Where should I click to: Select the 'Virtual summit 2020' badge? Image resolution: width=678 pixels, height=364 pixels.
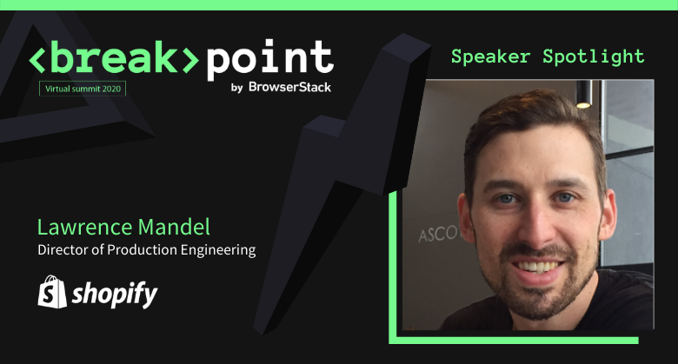[x=83, y=89]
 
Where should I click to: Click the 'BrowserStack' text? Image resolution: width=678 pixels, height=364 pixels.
[x=290, y=87]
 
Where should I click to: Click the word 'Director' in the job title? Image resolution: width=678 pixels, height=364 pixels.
[x=63, y=250]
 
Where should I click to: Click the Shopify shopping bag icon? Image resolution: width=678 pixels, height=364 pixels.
[x=51, y=293]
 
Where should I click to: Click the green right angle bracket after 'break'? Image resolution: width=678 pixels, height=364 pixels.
[x=189, y=59]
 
